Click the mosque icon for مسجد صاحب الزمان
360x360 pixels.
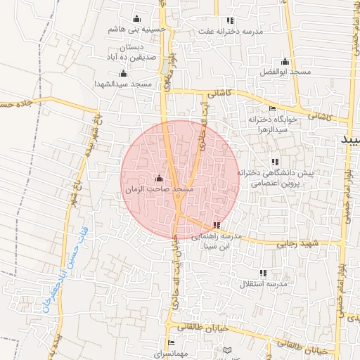click(158, 178)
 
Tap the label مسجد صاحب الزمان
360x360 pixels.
click(158, 190)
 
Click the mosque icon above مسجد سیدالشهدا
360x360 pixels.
click(124, 74)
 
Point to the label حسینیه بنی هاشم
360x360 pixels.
click(137, 30)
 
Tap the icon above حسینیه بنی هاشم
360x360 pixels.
click(136, 19)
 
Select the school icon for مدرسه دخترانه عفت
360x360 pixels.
click(230, 20)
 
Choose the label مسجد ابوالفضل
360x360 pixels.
click(284, 72)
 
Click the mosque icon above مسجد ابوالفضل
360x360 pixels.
click(284, 62)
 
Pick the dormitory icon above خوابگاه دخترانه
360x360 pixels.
click(273, 109)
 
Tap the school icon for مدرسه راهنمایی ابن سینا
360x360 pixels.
click(216, 226)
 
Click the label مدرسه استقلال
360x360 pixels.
click(264, 284)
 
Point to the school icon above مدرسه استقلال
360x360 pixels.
click(264, 273)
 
